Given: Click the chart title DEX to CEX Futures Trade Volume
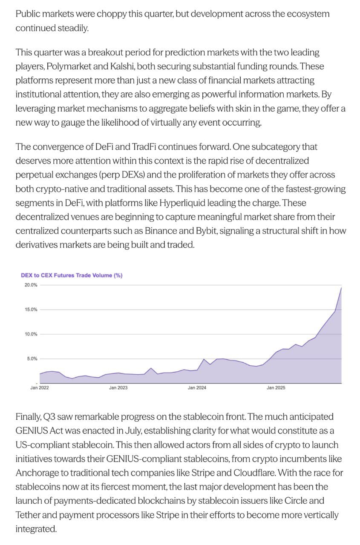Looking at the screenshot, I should (72, 275).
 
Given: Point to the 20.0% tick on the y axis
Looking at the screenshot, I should (31, 285).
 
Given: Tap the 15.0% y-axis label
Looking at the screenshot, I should (31, 310).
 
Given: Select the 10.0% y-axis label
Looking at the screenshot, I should (31, 334).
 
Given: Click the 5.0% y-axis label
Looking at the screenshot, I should (32, 359).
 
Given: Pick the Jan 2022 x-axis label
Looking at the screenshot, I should (39, 388).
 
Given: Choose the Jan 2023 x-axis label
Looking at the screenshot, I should (118, 388).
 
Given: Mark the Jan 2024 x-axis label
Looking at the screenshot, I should (197, 388).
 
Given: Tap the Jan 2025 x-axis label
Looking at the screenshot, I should (276, 388).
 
